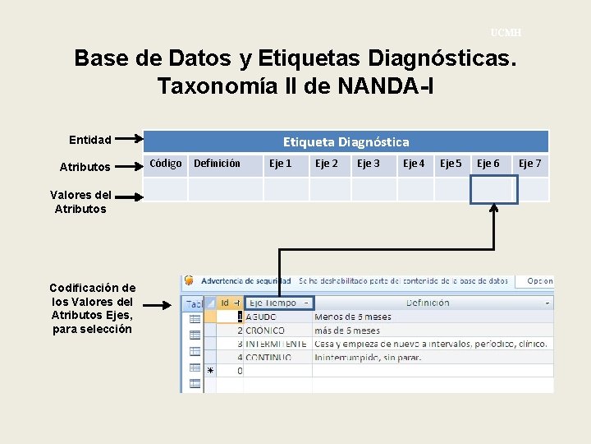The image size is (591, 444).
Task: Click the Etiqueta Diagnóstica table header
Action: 346,141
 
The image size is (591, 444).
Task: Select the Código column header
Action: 166,164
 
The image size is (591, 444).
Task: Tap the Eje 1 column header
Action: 281,164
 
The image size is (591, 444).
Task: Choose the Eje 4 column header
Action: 414,164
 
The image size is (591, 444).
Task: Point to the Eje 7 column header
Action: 529,164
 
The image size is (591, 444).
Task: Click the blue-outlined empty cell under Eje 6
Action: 493,189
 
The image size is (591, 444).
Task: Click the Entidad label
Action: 90,140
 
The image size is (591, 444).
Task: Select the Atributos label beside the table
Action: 85,167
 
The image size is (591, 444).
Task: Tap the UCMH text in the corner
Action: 506,33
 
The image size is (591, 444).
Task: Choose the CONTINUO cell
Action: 268,358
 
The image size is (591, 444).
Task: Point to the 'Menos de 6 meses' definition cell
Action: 352,317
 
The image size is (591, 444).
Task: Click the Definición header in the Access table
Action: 427,303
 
